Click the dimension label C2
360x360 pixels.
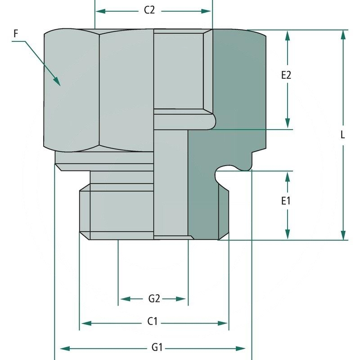pos(149,10)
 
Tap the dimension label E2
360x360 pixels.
pos(286,75)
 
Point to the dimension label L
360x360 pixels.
pos(343,135)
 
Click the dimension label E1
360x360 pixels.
pos(286,201)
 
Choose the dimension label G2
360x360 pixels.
pos(154,298)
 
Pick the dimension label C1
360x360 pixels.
pos(153,322)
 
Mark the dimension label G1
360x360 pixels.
pos(157,347)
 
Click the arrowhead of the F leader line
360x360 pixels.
pos(57,81)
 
